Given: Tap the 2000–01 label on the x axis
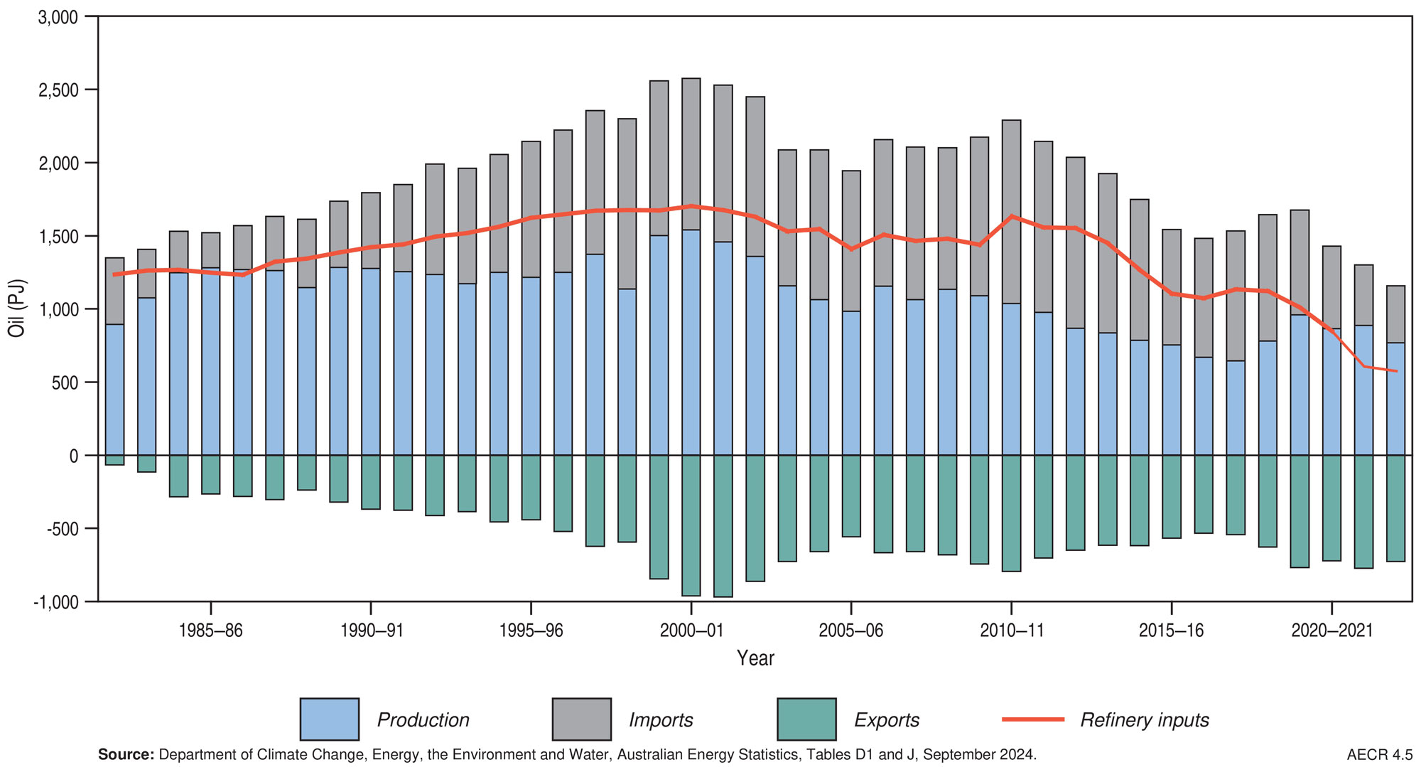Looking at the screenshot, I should (x=691, y=631).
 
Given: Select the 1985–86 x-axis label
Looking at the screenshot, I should (x=210, y=631).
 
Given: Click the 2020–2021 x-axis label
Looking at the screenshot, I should (x=1331, y=631).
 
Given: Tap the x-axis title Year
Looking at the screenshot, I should (x=755, y=658).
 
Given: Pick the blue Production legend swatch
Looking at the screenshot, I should (x=329, y=719).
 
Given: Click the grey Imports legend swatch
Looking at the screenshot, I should (x=581, y=719).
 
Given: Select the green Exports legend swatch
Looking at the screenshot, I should (x=806, y=719).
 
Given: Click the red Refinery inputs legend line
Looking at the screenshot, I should (x=1032, y=719).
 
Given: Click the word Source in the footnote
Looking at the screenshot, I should (x=125, y=755).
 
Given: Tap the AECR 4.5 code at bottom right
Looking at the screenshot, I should (x=1379, y=755).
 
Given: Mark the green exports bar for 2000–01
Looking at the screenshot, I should (x=691, y=526).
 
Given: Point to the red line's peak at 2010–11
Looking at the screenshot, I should (x=1011, y=216).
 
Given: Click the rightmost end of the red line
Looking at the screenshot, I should (x=1397, y=371).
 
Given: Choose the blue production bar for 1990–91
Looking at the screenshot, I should (x=370, y=363).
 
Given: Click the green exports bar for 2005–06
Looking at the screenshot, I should (x=851, y=496).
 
